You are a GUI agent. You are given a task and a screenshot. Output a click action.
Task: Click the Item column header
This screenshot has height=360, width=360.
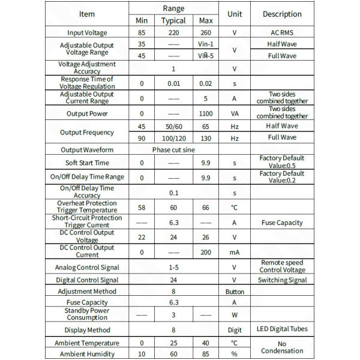tap(86, 14)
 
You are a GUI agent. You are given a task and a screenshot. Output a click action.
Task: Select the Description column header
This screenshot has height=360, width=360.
tap(281, 14)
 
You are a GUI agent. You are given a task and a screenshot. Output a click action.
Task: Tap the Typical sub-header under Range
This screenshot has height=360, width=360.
tap(173, 20)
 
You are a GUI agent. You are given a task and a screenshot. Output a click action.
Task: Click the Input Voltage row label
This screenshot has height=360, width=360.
tap(86, 33)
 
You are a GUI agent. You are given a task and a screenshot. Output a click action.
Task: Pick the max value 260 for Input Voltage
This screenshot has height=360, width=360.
tap(206, 33)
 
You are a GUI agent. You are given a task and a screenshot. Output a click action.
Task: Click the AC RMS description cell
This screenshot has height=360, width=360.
tap(281, 33)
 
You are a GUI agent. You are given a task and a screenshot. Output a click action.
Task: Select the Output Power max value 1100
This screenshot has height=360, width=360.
tap(206, 113)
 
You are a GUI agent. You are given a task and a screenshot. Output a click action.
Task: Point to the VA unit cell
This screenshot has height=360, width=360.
tap(234, 113)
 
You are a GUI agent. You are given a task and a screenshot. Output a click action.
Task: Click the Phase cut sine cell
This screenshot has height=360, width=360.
tap(174, 149)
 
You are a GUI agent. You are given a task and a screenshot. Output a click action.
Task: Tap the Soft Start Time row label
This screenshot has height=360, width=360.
tap(86, 163)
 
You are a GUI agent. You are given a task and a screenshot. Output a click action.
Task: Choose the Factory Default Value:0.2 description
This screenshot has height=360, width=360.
tap(281, 177)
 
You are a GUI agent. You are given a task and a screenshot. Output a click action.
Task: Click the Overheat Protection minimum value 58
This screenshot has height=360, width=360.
tap(142, 207)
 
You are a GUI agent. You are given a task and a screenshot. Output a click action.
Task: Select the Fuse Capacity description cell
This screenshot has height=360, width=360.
tap(281, 223)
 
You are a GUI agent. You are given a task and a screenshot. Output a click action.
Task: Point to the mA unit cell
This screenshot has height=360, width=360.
tap(234, 253)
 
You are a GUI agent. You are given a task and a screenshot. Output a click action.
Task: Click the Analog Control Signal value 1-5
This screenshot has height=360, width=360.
tap(173, 267)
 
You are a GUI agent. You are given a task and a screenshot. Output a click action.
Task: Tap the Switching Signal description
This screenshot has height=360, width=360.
tap(281, 280)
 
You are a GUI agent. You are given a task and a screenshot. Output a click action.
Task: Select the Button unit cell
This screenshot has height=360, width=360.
tap(234, 292)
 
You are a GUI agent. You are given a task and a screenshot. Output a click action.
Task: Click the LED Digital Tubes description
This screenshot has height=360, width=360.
tap(281, 329)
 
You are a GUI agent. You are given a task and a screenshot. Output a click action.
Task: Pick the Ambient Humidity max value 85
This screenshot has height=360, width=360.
tap(206, 354)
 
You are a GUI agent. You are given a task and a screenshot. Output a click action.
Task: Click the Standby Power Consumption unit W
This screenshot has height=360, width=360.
tap(234, 315)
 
